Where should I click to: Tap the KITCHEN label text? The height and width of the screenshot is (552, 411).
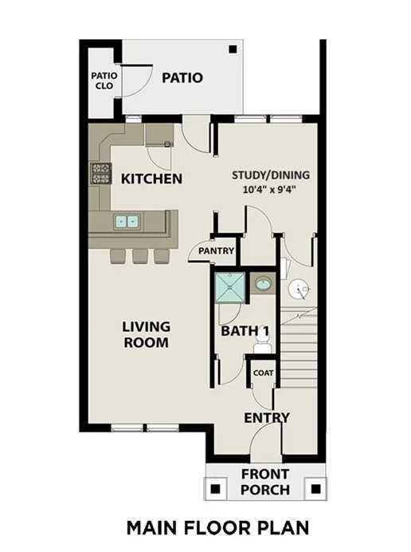pos(151,179)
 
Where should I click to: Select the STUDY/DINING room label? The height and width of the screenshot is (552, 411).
pos(271,175)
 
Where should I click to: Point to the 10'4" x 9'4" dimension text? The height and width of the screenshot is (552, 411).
pos(271,191)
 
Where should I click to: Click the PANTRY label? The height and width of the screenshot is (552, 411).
pos(216,251)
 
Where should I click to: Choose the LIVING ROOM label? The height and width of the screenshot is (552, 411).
pos(146,334)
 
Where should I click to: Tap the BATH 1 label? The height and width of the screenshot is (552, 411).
pos(244,331)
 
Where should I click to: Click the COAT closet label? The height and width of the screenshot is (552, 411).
pos(263,373)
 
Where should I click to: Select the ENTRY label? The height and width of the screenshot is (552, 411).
pos(267,418)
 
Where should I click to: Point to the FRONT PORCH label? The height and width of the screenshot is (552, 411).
pos(265,482)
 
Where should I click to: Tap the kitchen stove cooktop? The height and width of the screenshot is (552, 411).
pos(100,174)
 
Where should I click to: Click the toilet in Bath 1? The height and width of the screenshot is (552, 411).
pos(261,345)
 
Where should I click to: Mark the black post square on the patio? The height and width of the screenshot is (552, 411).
pos(232,49)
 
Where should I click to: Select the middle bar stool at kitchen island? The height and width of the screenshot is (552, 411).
pos(140,255)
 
